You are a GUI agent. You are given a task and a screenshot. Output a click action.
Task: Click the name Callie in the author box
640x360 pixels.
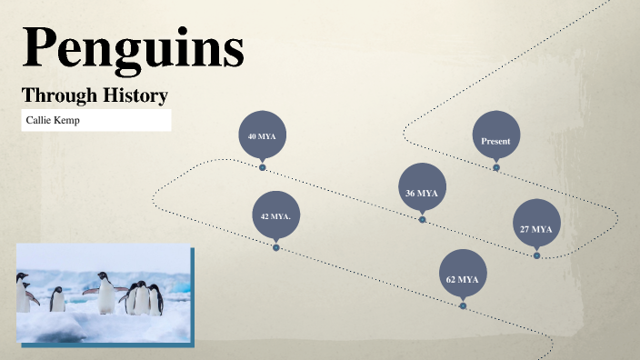coord(42,120)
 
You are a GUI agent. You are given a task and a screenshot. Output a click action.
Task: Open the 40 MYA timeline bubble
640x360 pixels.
coord(262,135)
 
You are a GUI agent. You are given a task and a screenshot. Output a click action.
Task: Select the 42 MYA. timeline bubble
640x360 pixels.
coord(275,216)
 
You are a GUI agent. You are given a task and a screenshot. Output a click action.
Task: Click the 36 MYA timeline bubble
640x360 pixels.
coord(422,193)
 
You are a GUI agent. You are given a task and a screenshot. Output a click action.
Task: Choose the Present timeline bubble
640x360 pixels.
coord(495,141)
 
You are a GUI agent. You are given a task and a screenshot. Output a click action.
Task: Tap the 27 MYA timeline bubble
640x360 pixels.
coord(536,229)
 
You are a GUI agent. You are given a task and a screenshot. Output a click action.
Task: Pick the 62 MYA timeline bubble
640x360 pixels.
coord(463,279)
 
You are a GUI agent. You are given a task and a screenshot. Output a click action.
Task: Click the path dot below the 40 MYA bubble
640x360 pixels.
coord(262,167)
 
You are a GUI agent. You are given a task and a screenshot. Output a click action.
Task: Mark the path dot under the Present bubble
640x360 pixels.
coord(495,167)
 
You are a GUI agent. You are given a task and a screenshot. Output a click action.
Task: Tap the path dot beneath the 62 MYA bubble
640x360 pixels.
coord(463,306)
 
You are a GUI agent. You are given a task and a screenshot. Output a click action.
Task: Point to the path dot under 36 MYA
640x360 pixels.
coord(422,219)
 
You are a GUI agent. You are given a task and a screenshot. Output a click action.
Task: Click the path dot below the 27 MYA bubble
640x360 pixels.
coord(536,255)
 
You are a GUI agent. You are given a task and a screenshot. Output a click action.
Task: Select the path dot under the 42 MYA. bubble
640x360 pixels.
coord(275,247)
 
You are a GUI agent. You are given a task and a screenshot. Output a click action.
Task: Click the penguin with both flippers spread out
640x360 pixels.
coord(105,292)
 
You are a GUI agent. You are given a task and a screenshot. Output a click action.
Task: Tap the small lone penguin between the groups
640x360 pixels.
coord(57,299)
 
